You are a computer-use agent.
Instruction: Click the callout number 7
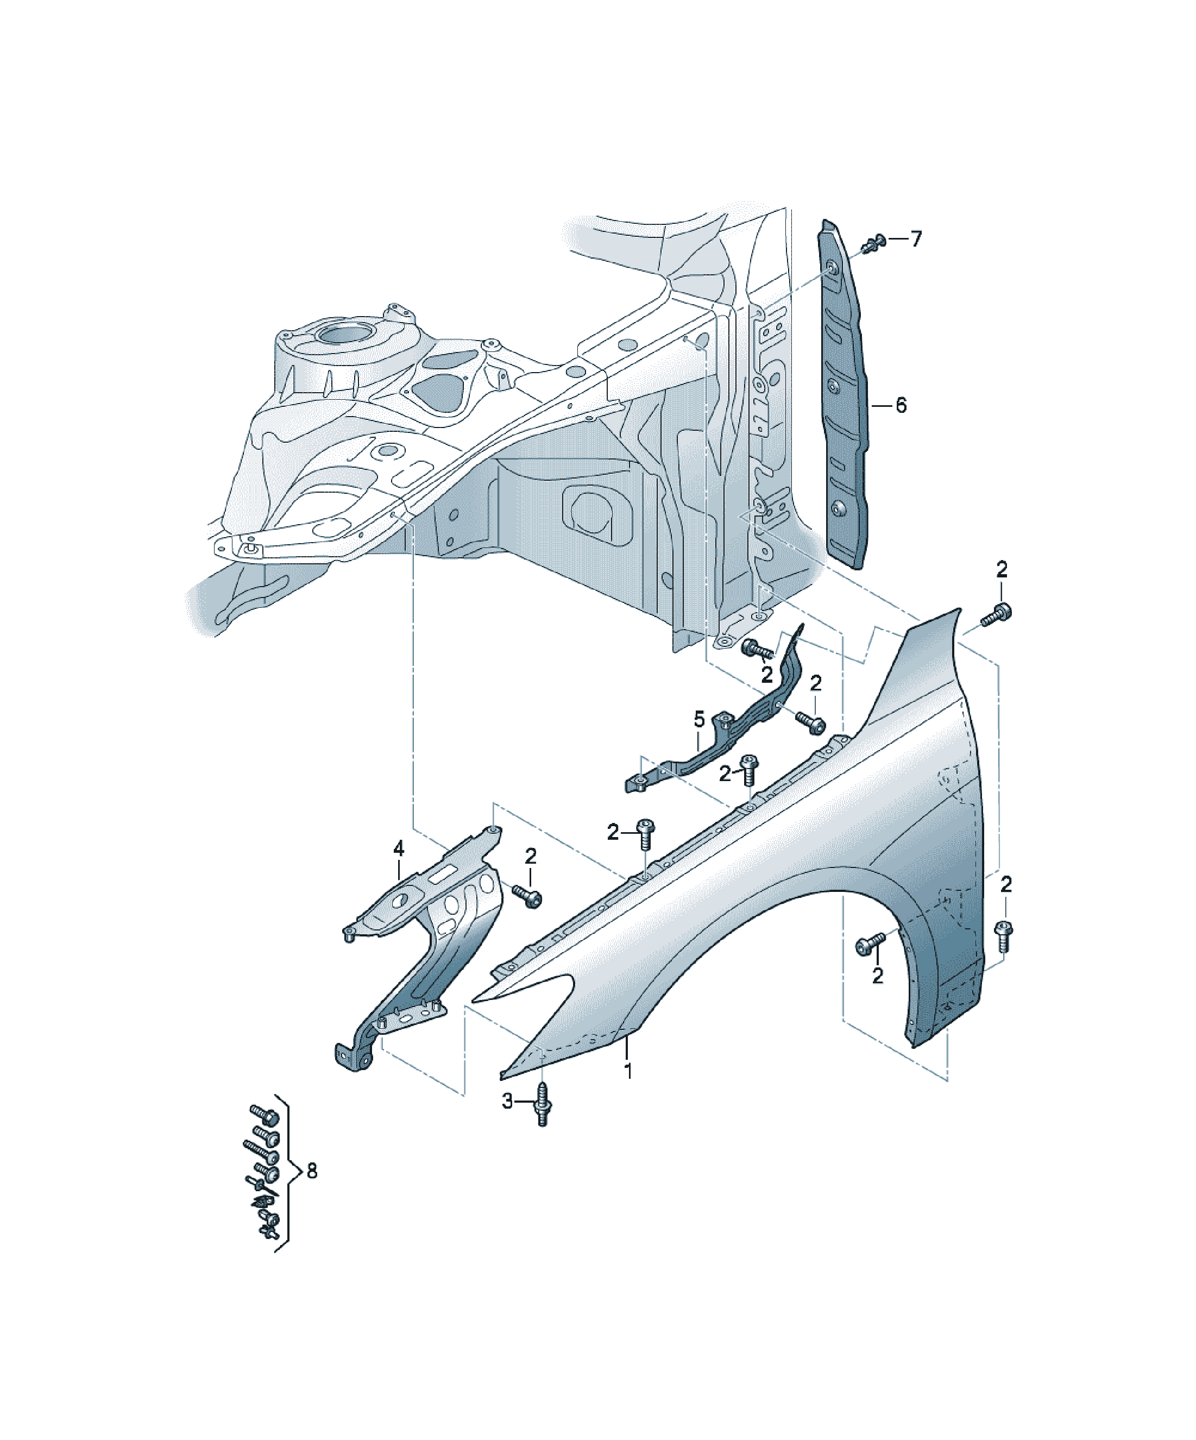tap(916, 240)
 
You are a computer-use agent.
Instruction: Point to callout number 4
tap(399, 849)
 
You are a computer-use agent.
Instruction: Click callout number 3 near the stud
tap(507, 1101)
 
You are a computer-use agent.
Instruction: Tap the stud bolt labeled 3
tap(542, 1103)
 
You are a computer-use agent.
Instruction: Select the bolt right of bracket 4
tap(527, 896)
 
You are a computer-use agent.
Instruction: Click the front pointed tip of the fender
tap(502, 1077)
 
